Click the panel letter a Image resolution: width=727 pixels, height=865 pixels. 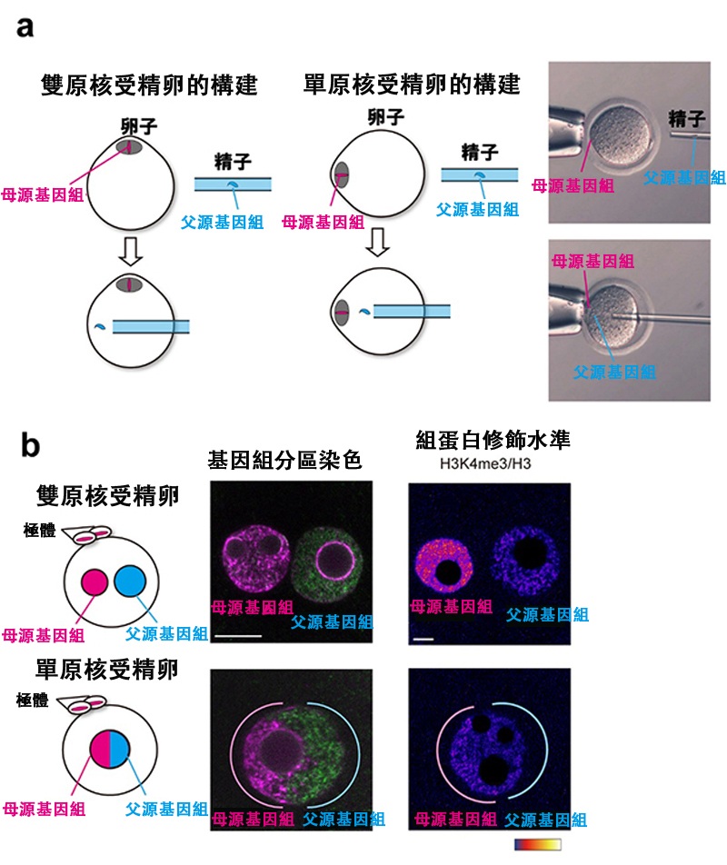point(25,27)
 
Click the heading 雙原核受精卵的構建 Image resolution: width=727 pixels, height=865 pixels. point(149,85)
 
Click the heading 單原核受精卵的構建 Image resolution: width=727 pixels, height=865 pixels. point(412,85)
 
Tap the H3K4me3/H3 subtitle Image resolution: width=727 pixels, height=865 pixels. point(485,463)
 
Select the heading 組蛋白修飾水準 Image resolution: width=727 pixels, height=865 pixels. point(493,440)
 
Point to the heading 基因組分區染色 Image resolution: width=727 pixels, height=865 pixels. point(284,460)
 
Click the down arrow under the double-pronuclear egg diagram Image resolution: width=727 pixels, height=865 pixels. point(131,252)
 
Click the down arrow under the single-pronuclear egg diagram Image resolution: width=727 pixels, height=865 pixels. point(378,243)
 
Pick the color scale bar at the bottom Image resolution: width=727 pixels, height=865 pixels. point(538,844)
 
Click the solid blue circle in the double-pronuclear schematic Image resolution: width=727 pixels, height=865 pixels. point(130,581)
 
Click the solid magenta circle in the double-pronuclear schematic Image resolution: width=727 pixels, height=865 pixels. point(95,582)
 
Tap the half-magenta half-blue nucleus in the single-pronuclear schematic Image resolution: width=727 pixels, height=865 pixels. point(110,749)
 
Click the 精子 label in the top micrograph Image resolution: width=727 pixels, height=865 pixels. point(686,119)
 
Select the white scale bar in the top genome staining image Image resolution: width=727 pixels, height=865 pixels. point(238,636)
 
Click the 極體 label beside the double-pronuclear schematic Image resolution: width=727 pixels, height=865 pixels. point(40,530)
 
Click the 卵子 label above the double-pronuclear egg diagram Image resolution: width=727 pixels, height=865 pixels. point(139,127)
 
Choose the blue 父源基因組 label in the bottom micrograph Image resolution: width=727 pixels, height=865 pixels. point(614,372)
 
